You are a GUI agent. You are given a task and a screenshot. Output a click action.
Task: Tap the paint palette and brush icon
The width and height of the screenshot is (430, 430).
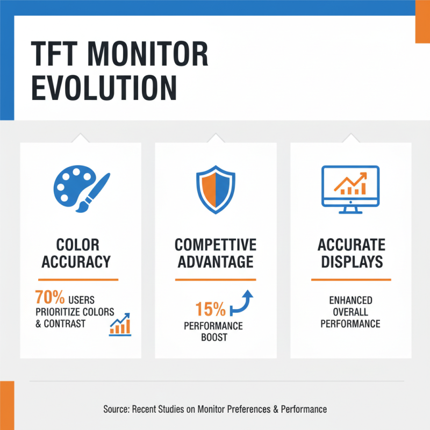pyautogui.click(x=81, y=189)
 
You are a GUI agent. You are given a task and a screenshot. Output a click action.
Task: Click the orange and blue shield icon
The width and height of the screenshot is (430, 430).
pyautogui.click(x=216, y=189)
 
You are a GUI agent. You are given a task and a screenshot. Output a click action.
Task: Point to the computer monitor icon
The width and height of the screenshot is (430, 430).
pyautogui.click(x=350, y=189)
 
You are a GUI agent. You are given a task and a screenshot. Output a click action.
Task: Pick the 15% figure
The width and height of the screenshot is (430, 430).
pyautogui.click(x=210, y=309)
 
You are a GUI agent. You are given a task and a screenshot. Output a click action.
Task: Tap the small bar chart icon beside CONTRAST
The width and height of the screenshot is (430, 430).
pyautogui.click(x=119, y=325)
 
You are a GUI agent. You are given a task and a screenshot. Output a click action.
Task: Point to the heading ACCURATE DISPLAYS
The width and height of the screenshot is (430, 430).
pyautogui.click(x=352, y=253)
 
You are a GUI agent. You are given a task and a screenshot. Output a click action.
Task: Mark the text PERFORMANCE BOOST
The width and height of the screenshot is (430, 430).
pyautogui.click(x=213, y=332)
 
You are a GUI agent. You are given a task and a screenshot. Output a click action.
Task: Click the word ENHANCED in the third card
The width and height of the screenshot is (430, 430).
pyautogui.click(x=350, y=300)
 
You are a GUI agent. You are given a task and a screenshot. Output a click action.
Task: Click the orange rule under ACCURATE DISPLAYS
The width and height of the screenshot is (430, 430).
pyautogui.click(x=352, y=279)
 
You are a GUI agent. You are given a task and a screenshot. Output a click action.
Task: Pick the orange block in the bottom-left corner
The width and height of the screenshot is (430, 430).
pyautogui.click(x=6, y=405)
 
